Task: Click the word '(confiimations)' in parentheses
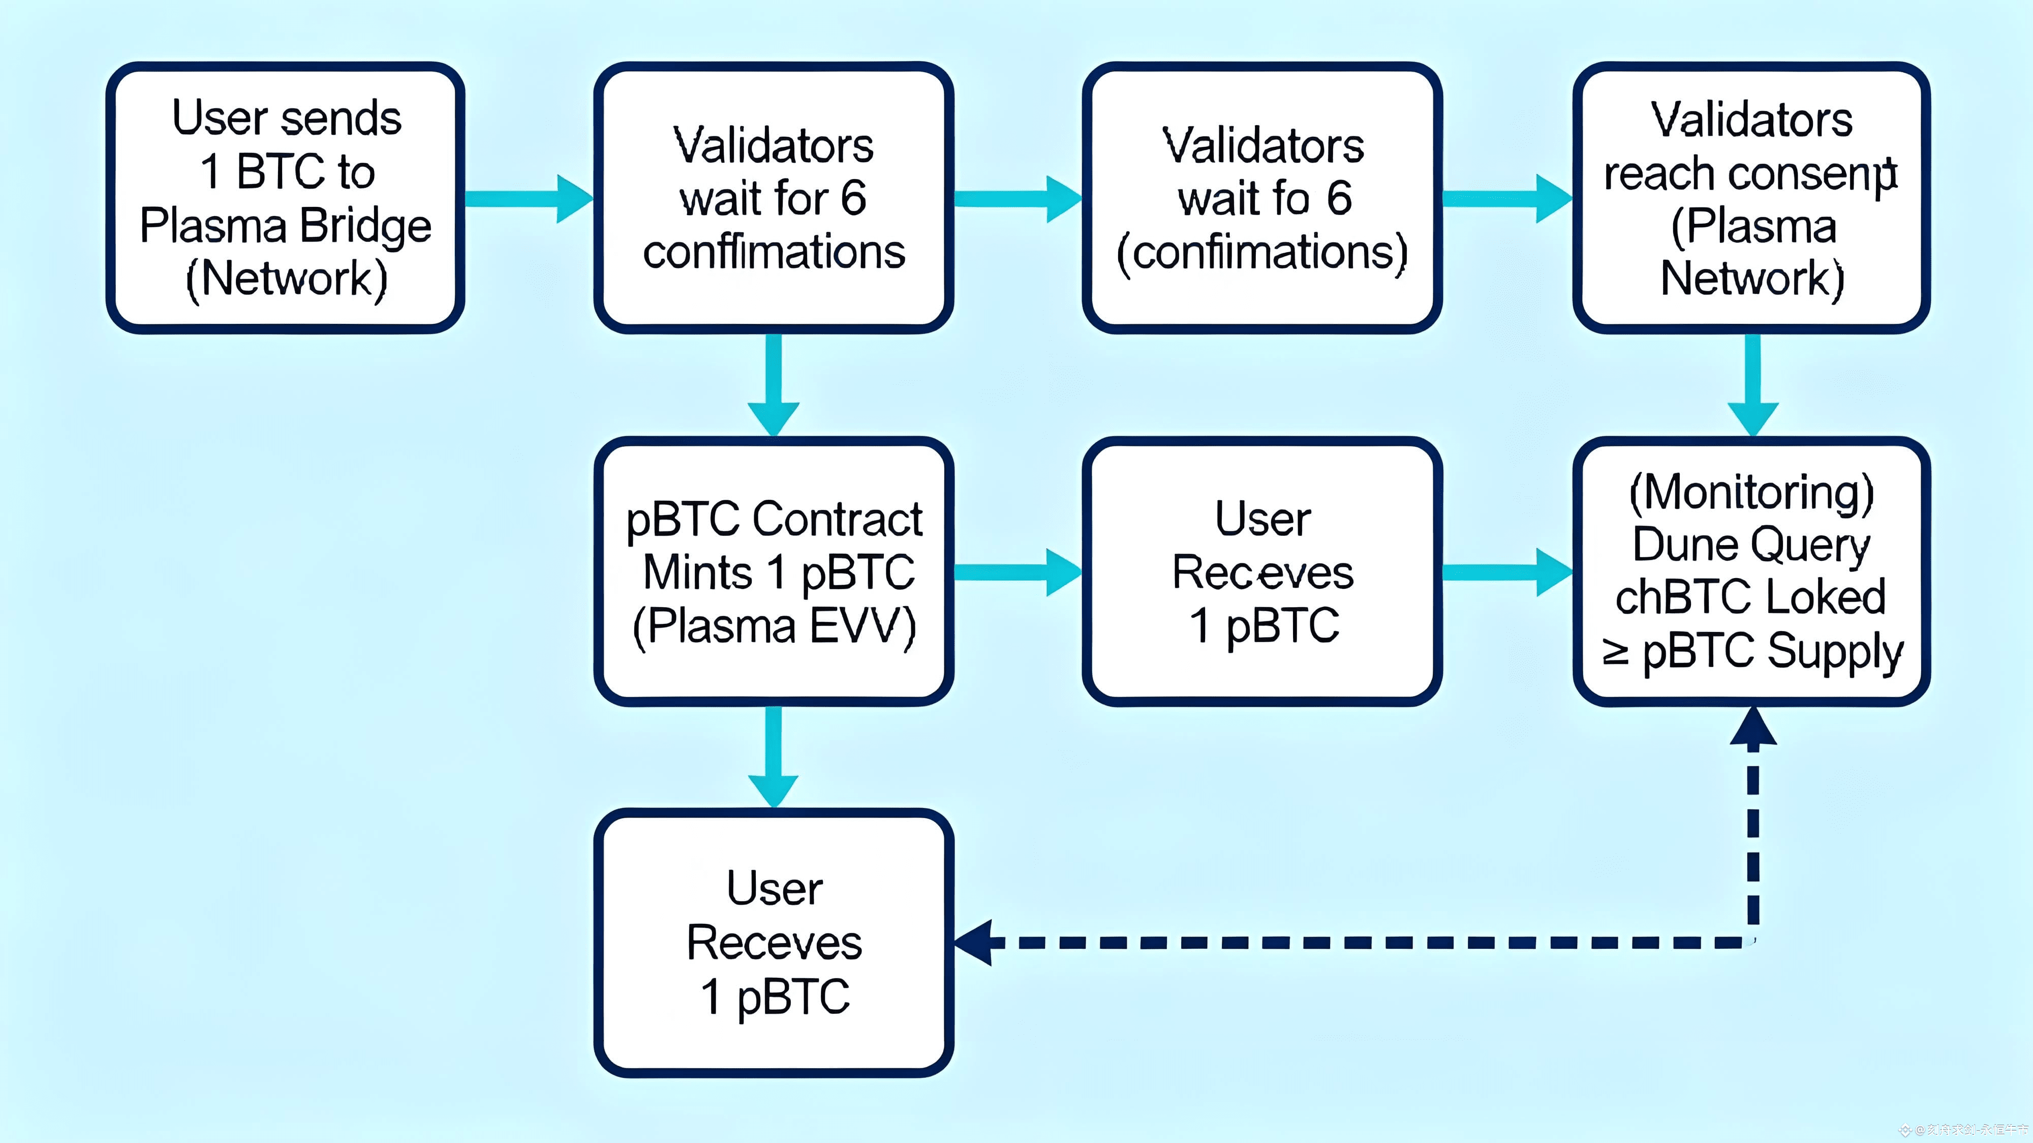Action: (x=1262, y=253)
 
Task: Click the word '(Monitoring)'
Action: (x=1751, y=493)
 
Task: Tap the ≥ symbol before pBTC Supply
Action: (x=1616, y=652)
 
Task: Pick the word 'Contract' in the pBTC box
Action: (x=838, y=520)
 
